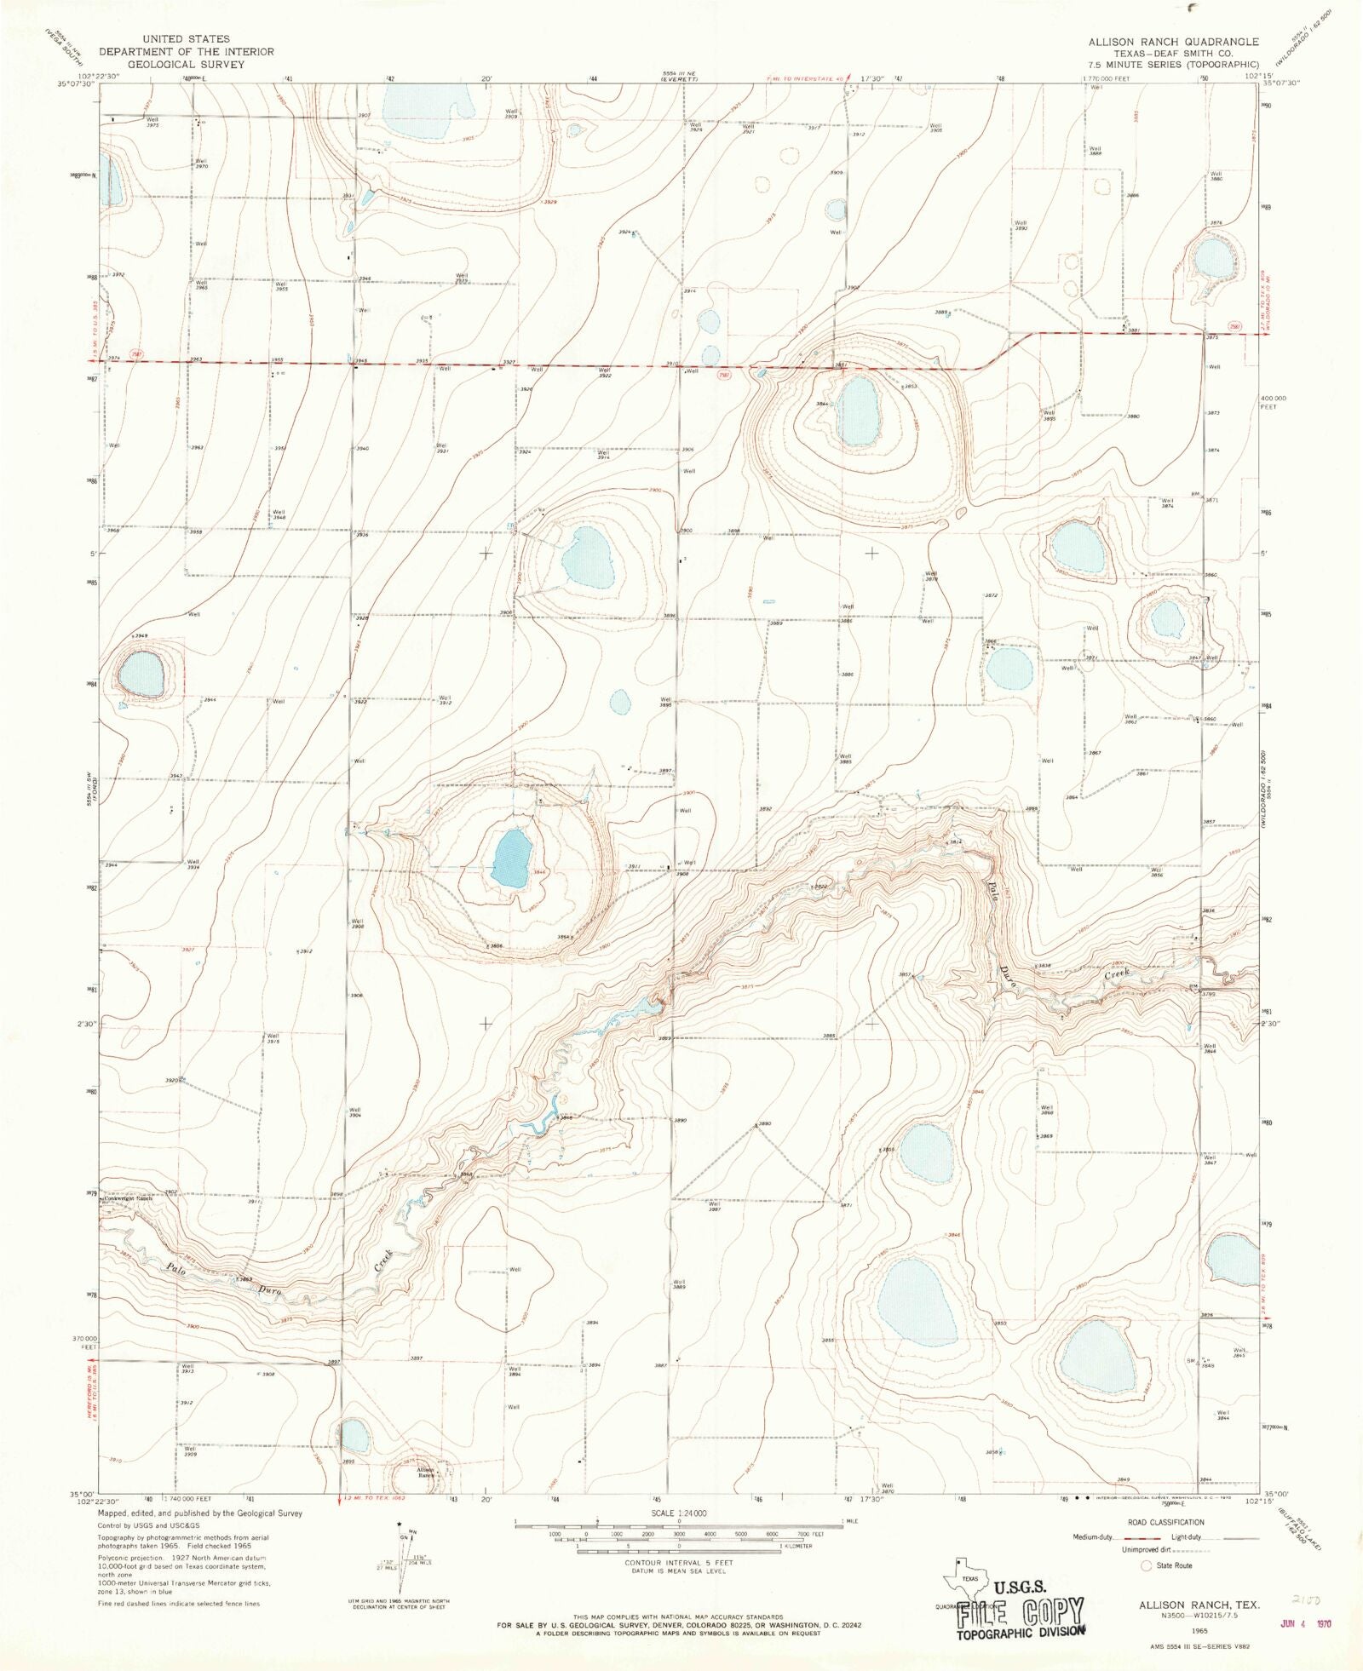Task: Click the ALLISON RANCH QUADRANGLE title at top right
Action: click(1173, 42)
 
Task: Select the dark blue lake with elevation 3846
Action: click(511, 858)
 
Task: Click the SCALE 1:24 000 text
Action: click(679, 1513)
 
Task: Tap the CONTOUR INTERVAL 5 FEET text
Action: click(679, 1563)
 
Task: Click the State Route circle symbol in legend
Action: click(1147, 1565)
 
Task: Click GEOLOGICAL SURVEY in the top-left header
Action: click(186, 64)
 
